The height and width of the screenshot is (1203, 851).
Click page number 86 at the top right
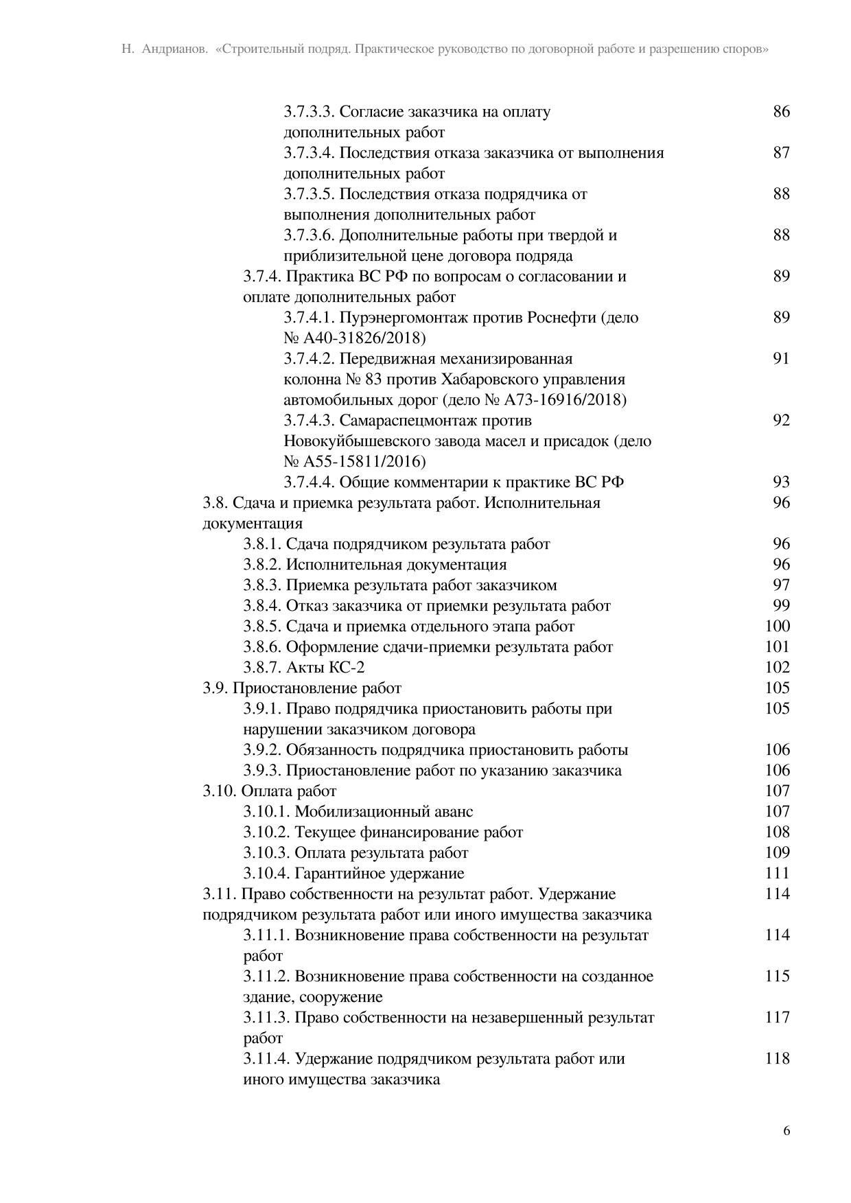(x=781, y=111)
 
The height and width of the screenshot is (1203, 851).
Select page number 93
(x=781, y=482)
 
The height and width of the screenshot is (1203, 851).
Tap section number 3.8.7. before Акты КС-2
(x=262, y=667)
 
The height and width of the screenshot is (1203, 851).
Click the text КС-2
(x=347, y=667)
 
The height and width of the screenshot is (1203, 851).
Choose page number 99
(x=781, y=605)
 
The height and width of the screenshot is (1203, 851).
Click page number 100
(x=778, y=626)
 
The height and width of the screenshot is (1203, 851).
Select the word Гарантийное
(x=340, y=873)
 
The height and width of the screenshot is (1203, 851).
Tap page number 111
(x=778, y=873)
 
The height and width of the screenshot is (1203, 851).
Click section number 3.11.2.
(x=266, y=976)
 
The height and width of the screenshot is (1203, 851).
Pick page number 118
(x=778, y=1058)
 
